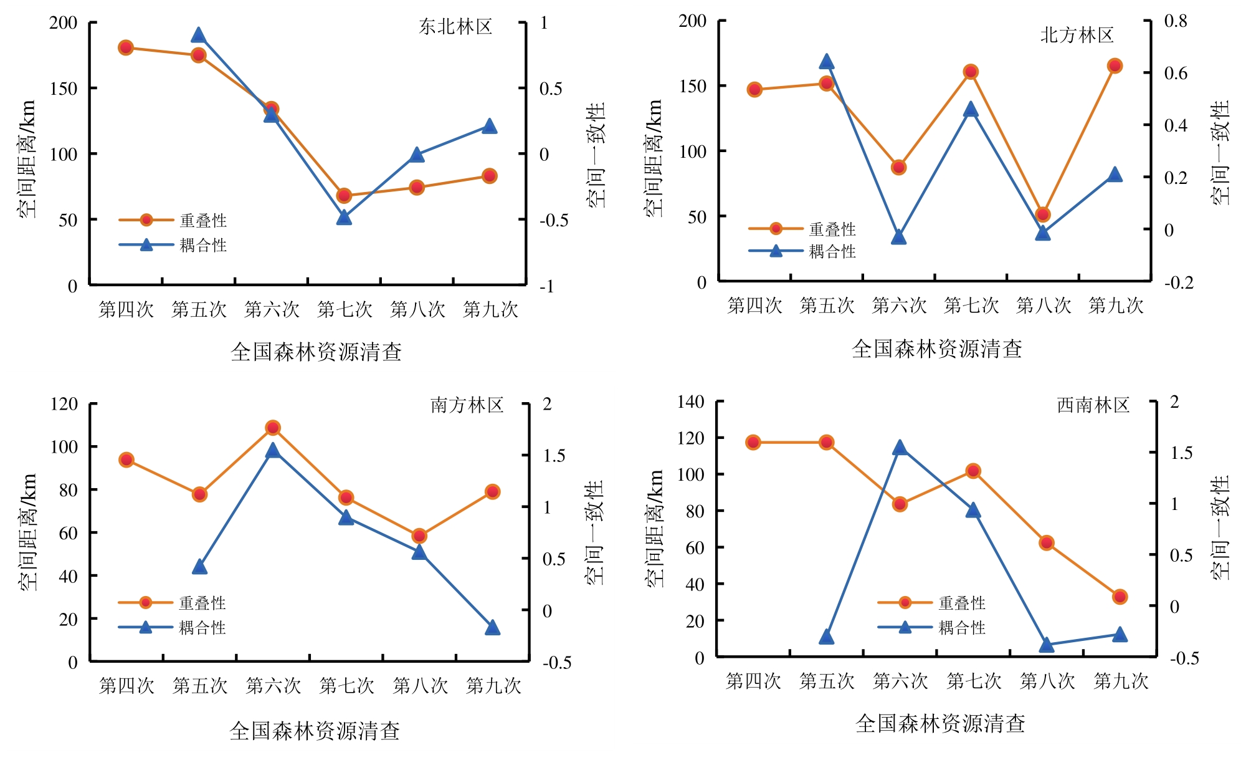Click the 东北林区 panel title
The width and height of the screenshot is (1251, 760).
[x=455, y=26]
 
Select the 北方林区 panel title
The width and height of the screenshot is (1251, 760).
[x=1077, y=35]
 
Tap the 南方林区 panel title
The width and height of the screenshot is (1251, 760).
[x=467, y=405]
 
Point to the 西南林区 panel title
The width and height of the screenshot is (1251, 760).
[x=1093, y=405]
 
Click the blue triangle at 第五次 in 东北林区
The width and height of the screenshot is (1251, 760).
[x=199, y=35]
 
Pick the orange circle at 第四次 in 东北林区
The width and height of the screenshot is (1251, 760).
[x=126, y=47]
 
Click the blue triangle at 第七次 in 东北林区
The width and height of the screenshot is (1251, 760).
[x=344, y=217]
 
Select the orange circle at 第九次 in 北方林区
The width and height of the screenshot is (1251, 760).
[x=1115, y=65]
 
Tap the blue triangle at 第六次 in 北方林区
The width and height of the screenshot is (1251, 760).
[x=898, y=237]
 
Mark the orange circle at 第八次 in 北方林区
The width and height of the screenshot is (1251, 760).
[x=1043, y=214]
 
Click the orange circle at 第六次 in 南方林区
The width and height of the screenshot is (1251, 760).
[x=272, y=428]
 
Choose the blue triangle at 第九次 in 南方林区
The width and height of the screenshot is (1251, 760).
[x=492, y=627]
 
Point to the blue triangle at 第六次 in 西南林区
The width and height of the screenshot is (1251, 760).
[x=900, y=448]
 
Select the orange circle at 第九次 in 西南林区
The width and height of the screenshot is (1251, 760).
[x=1120, y=597]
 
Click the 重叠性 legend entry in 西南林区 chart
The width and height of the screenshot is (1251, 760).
[x=931, y=603]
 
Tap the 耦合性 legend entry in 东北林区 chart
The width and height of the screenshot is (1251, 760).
[x=173, y=245]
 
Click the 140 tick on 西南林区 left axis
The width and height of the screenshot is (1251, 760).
[x=691, y=402]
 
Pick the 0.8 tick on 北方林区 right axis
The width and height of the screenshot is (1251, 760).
[x=1176, y=21]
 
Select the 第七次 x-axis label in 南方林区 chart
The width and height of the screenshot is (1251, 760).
[x=347, y=686]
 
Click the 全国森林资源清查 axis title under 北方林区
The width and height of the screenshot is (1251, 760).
[x=937, y=349]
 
